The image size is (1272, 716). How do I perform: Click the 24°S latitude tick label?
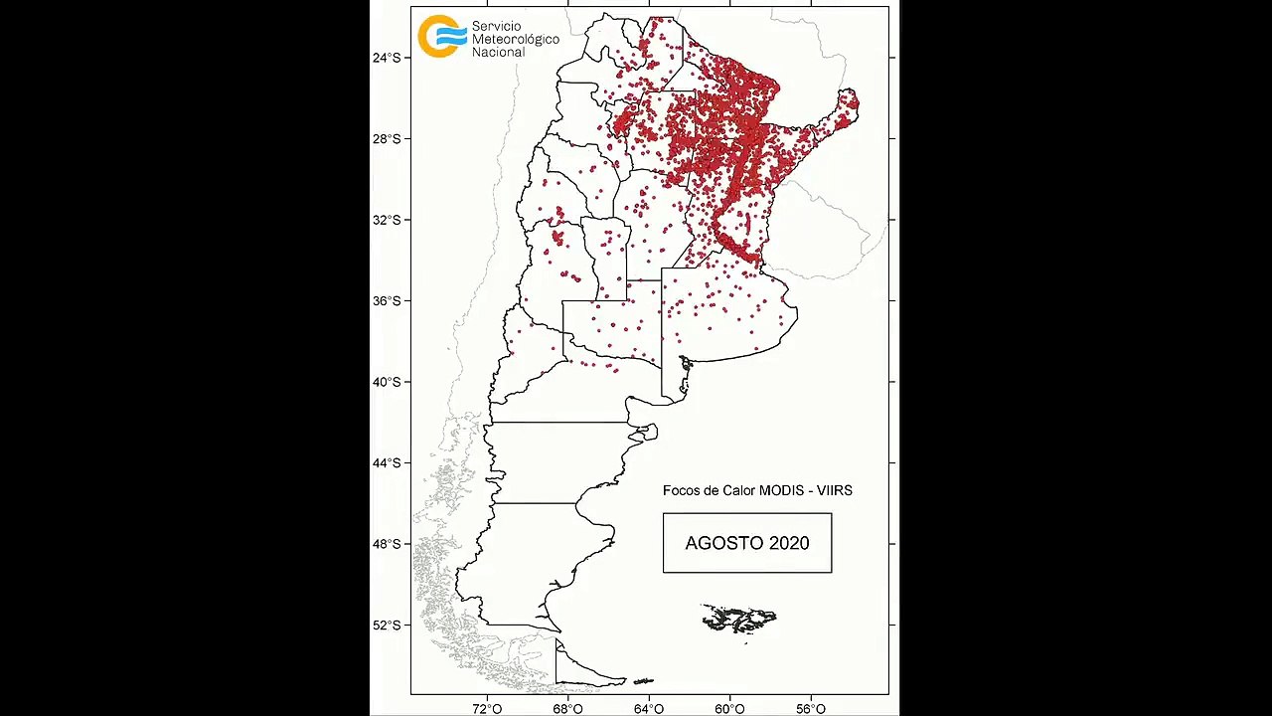click(387, 58)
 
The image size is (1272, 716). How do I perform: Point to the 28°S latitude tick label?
click(387, 138)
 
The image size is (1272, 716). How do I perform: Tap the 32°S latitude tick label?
click(387, 220)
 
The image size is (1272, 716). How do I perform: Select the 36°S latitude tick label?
click(387, 300)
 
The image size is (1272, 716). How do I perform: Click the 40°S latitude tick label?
click(387, 382)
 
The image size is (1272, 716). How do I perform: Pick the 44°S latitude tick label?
click(387, 462)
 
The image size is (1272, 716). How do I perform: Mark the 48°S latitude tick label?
click(387, 544)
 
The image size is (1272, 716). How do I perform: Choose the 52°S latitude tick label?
click(387, 625)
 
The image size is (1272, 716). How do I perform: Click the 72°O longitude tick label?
click(487, 708)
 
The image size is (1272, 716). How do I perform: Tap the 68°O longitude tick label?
click(568, 708)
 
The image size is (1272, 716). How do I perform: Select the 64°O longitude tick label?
click(649, 708)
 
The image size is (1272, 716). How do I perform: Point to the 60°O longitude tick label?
click(730, 708)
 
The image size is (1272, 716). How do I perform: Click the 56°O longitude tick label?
click(811, 708)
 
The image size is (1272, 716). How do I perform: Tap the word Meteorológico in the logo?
click(515, 39)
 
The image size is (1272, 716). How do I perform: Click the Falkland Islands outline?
click(738, 619)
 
